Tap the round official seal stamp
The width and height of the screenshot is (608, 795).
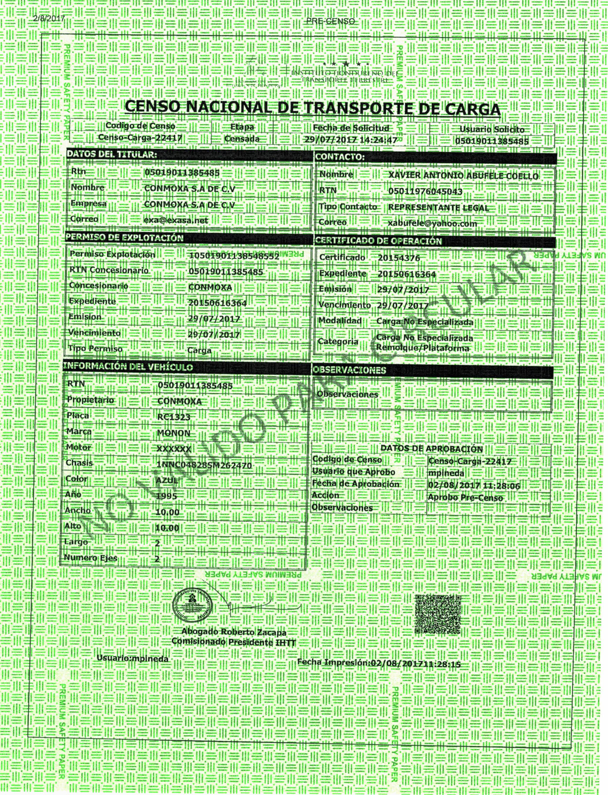click(x=193, y=603)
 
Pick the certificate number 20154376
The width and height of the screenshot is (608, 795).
click(x=399, y=258)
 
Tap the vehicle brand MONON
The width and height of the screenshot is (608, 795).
click(x=174, y=433)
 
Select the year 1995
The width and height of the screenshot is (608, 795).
click(x=167, y=496)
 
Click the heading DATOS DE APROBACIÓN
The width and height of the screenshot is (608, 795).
click(x=431, y=449)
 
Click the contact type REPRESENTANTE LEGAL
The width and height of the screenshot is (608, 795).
click(x=438, y=208)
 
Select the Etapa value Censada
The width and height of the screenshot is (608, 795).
click(x=242, y=139)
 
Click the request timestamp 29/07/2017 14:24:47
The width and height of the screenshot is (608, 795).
click(x=351, y=140)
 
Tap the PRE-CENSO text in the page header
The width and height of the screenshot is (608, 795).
click(x=330, y=21)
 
